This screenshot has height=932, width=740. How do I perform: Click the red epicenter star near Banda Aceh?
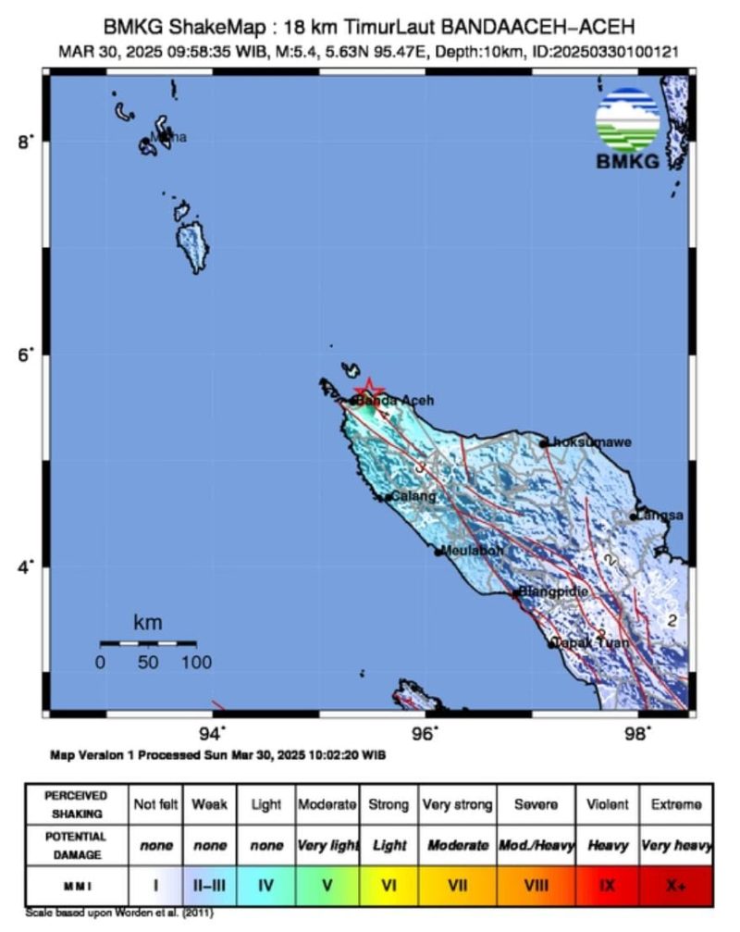point(368,390)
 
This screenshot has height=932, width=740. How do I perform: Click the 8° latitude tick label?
point(25,141)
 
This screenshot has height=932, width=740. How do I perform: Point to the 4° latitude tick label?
point(25,565)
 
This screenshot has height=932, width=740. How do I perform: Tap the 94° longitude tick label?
point(213,734)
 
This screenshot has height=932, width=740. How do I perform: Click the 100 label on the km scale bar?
point(196,663)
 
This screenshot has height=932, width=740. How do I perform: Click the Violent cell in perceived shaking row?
point(607,804)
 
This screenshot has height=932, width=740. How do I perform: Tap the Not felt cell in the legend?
point(155,804)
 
